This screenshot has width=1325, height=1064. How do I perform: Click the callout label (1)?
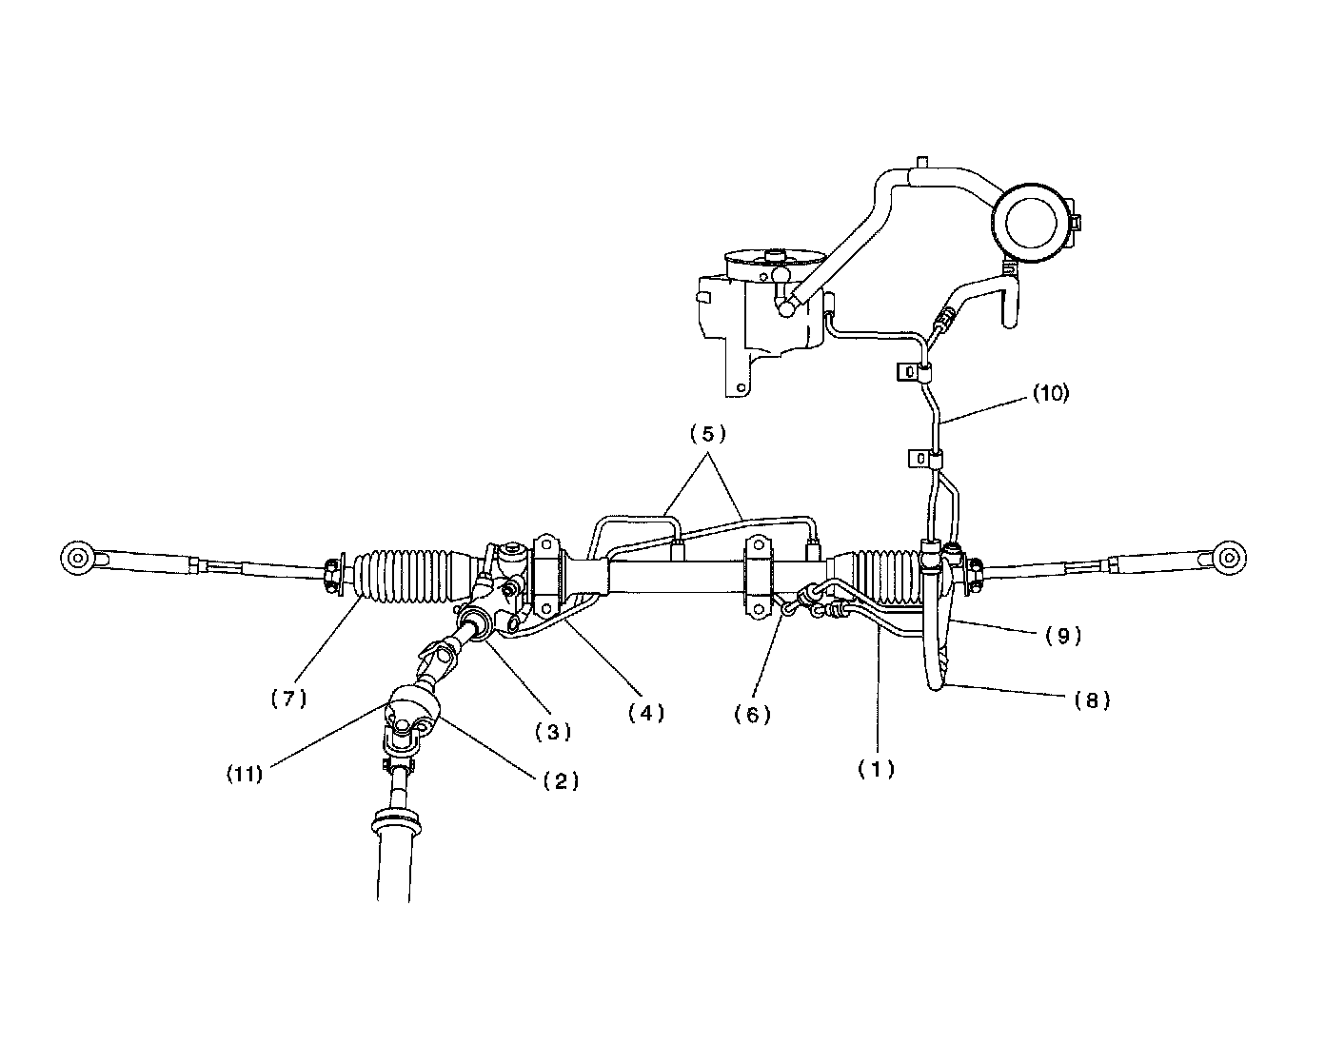[x=876, y=769]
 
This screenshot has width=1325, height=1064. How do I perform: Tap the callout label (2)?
[x=561, y=780]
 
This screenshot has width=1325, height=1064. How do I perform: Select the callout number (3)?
[x=552, y=732]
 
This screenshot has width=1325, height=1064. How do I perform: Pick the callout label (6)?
[x=752, y=714]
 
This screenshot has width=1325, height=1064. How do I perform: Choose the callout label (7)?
[x=288, y=698]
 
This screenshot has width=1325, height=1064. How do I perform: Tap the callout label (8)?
[x=1092, y=700]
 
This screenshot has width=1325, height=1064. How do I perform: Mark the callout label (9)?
[x=1063, y=637]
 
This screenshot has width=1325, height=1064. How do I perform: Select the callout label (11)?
[x=244, y=774]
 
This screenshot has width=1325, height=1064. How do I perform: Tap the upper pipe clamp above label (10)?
[x=912, y=371]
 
